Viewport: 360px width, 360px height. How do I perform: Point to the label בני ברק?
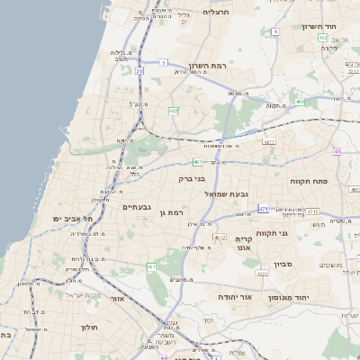click(x=193, y=178)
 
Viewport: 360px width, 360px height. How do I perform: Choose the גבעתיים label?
click(x=137, y=207)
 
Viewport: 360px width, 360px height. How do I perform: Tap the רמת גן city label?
click(x=170, y=212)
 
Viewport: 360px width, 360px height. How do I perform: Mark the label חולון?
click(x=88, y=328)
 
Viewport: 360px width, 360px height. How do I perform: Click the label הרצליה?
click(x=217, y=12)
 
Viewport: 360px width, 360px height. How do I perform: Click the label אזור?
click(x=117, y=298)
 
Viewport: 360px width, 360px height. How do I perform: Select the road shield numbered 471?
click(x=264, y=208)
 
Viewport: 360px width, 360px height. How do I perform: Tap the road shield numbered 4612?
click(x=220, y=237)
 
